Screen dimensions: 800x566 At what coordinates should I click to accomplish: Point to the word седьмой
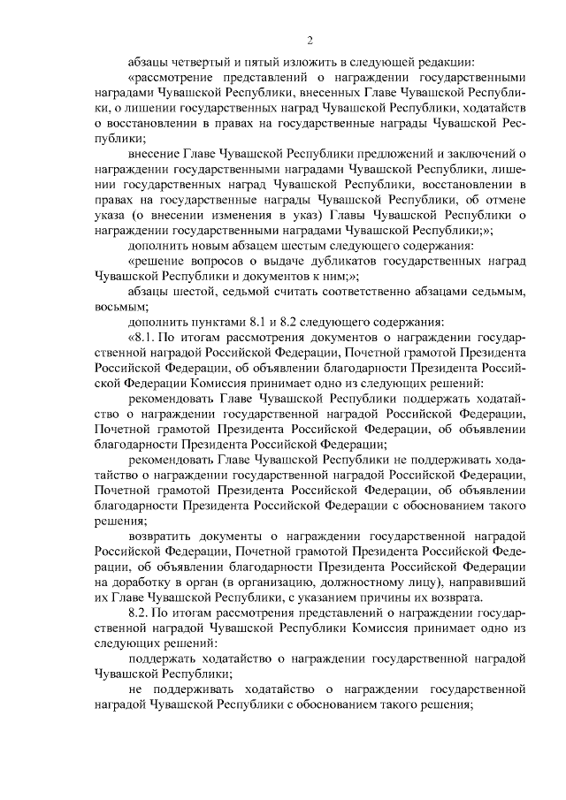click(x=241, y=292)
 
